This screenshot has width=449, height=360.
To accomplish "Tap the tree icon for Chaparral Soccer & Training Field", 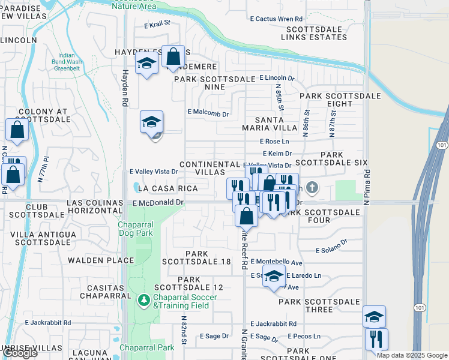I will pos(143,298).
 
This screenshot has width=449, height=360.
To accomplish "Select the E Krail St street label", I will pos(158,25).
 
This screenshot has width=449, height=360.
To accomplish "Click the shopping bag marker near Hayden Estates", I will pos(173,58).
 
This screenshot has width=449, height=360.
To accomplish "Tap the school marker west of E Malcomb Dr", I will pos(152,122).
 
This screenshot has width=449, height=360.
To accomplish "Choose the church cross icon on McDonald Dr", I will pos(311,188).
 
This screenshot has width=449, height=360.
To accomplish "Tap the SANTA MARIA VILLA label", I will pos(270,123).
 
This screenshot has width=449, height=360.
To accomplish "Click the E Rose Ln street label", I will pos(274,142).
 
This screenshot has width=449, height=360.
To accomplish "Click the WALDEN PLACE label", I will pos(101,260).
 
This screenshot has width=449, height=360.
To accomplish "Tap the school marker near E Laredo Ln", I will pos(274,277).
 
